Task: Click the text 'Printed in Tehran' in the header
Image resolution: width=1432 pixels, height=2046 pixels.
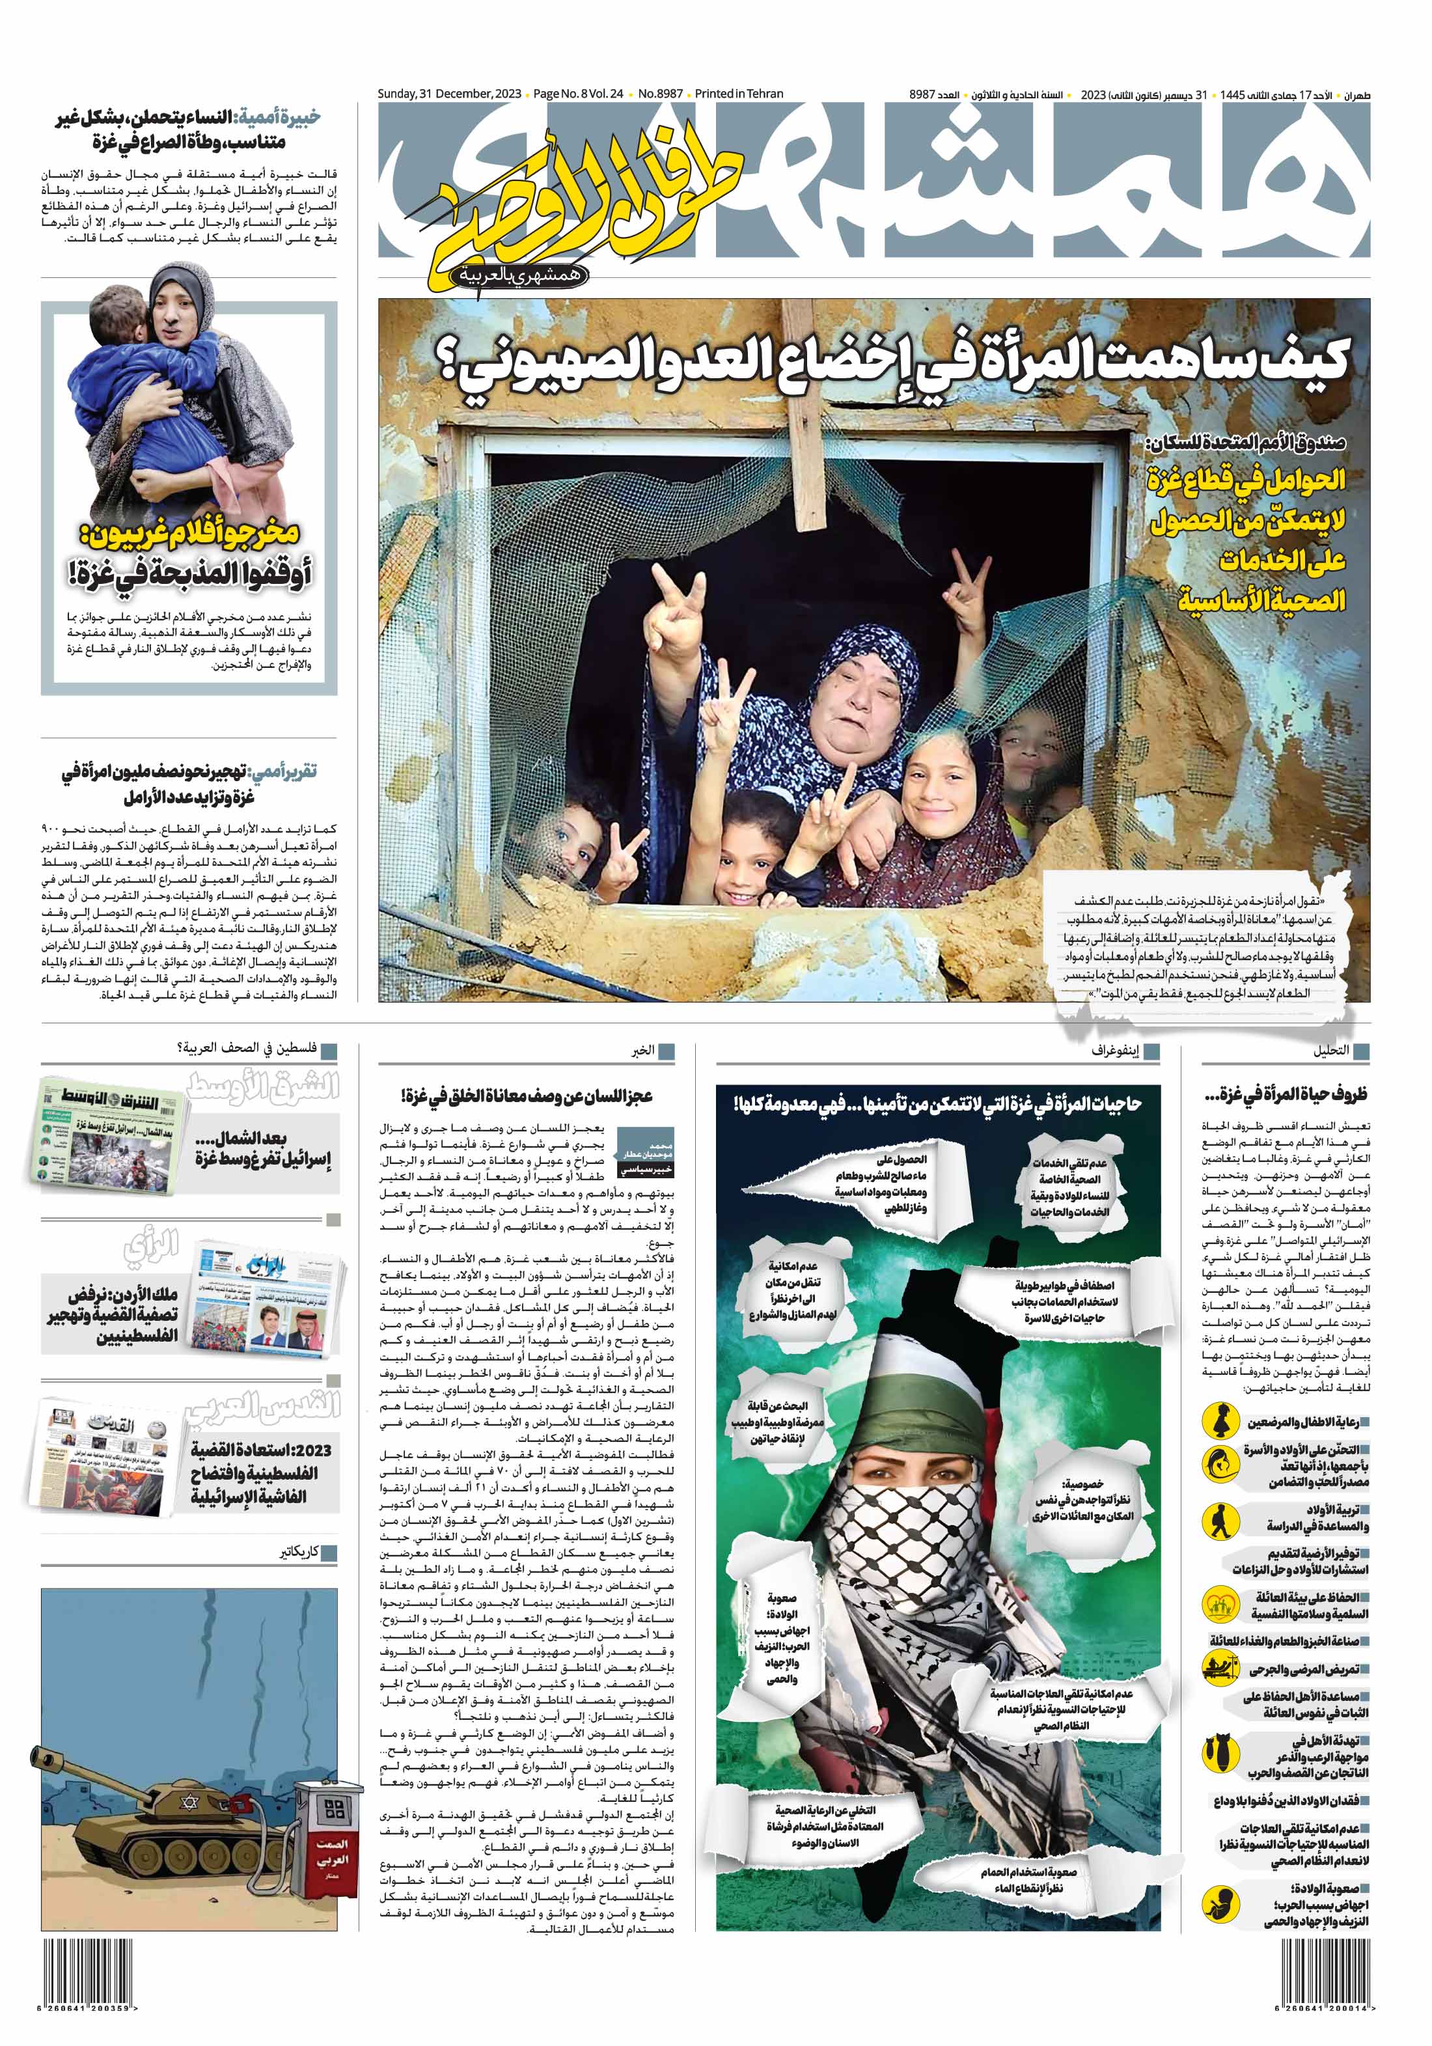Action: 739,94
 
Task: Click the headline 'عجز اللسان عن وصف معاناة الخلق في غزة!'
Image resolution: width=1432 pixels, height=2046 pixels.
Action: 527,1095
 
